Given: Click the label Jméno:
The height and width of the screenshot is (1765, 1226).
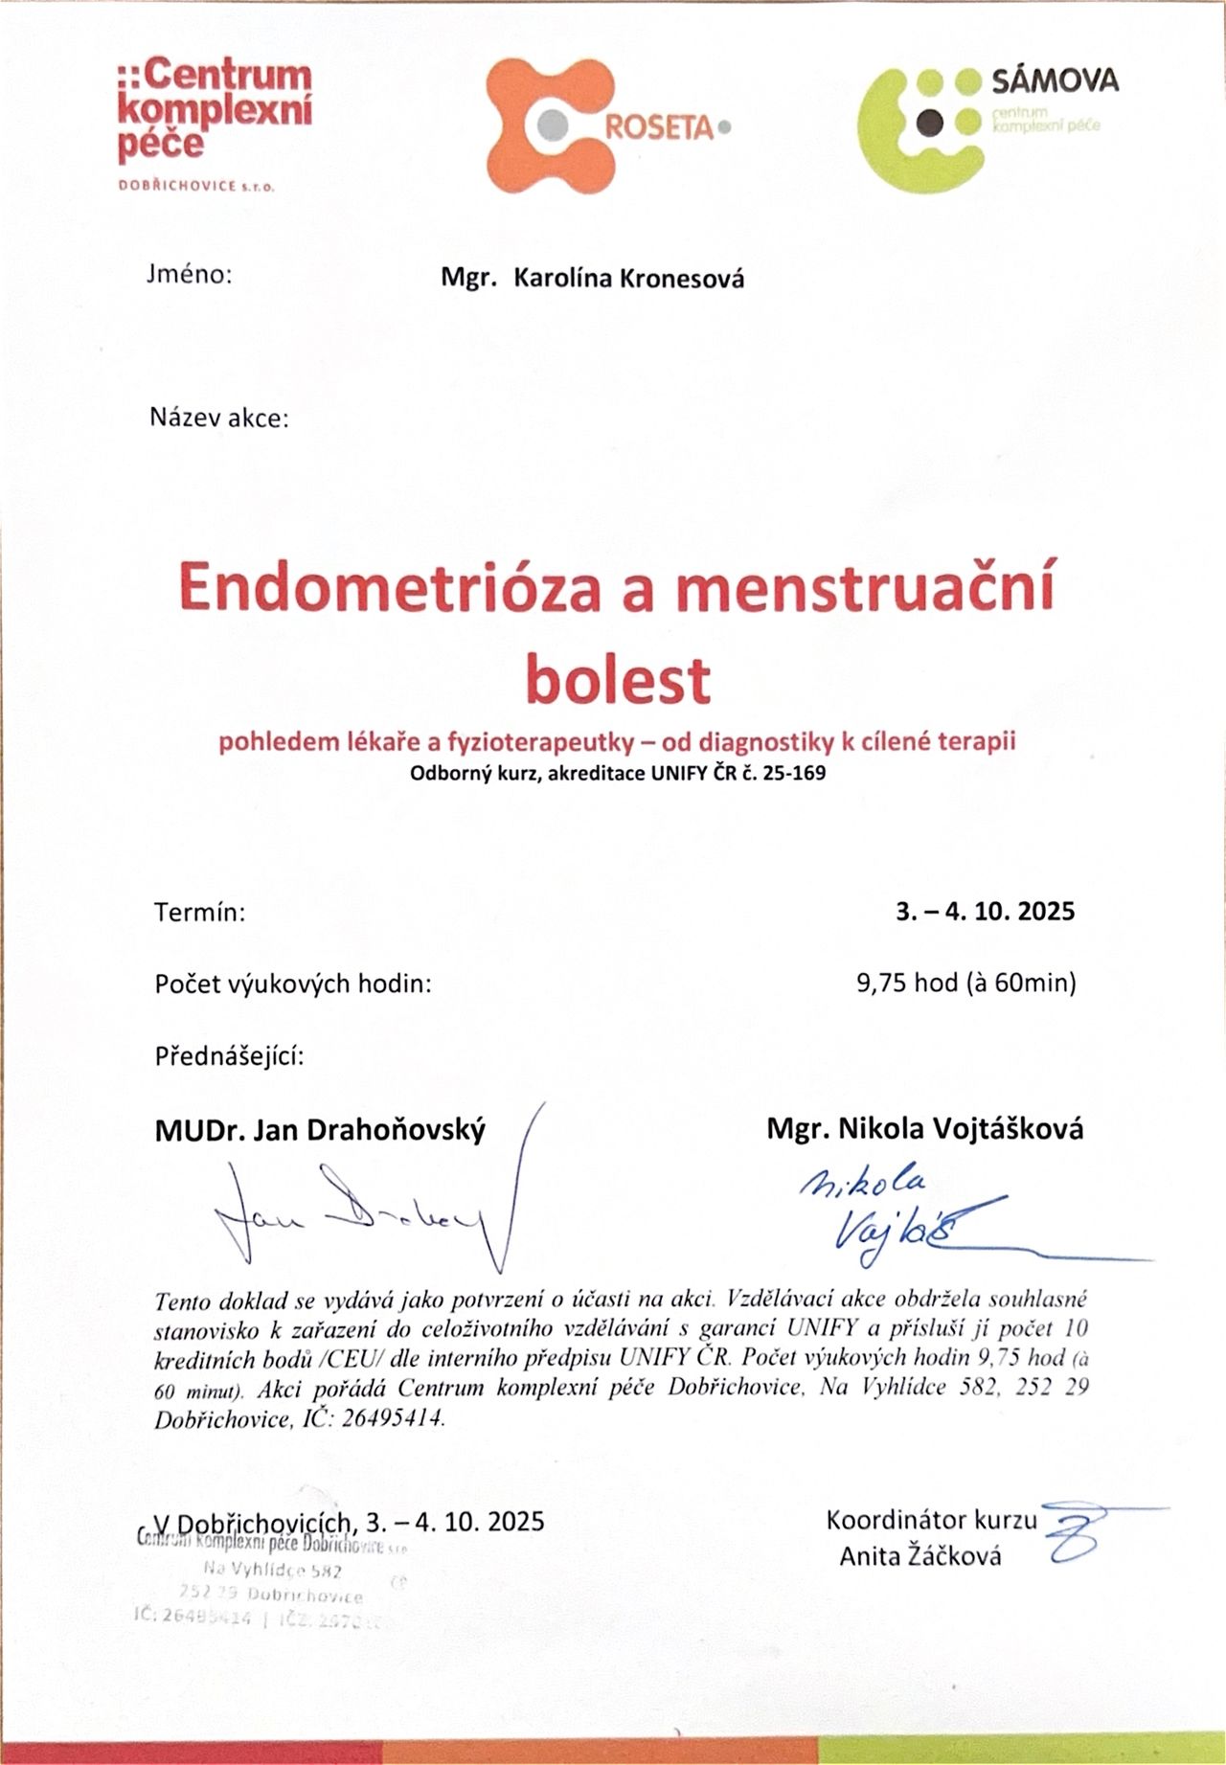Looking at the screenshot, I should coord(190,275).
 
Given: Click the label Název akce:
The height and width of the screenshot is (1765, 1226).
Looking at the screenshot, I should coord(218,418).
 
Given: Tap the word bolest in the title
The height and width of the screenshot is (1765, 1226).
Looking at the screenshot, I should coord(619,678).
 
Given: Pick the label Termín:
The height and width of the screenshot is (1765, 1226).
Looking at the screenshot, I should coord(200,912).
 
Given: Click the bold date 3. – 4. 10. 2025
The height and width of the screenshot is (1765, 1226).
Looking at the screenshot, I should coord(986,911).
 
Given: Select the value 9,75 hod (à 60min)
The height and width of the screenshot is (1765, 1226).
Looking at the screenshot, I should coord(966,983).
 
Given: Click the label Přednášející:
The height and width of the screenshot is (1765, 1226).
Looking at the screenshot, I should coord(230,1056).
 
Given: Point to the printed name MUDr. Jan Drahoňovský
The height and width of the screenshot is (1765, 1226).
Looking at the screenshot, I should coord(320,1130).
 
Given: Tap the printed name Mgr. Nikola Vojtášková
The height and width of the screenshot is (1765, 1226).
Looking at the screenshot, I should coord(924,1129).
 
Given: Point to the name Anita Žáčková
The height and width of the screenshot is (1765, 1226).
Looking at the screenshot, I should coord(920,1556).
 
